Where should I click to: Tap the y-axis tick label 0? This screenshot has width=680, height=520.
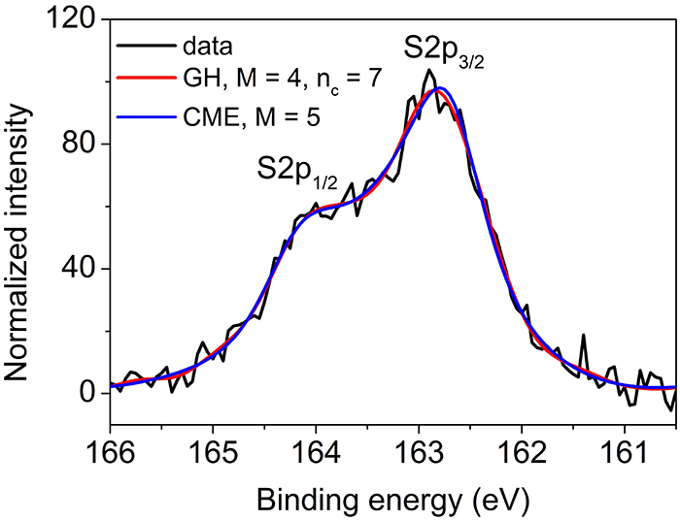(x=89, y=393)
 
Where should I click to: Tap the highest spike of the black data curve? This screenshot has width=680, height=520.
(x=427, y=70)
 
